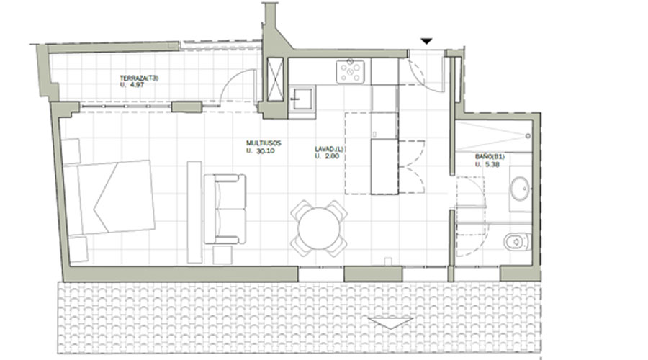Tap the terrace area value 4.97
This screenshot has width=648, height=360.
pyautogui.click(x=138, y=85)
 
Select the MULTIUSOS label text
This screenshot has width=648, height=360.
pyautogui.click(x=264, y=143)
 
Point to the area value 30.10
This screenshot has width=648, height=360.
pyautogui.click(x=265, y=151)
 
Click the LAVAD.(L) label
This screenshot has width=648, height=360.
pyautogui.click(x=329, y=149)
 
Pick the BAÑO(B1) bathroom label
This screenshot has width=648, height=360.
pyautogui.click(x=490, y=157)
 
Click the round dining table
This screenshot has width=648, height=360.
pyautogui.click(x=319, y=228)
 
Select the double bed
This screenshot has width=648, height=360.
pyautogui.click(x=109, y=197)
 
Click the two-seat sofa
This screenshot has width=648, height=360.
pyautogui.click(x=225, y=209)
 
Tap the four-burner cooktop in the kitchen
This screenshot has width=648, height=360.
pyautogui.click(x=351, y=72)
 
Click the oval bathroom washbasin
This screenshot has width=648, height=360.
pyautogui.click(x=521, y=189)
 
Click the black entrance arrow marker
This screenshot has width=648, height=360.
pyautogui.click(x=426, y=41)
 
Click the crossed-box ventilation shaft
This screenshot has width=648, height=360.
pyautogui.click(x=275, y=79)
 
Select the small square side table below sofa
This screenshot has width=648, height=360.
pyautogui.click(x=222, y=255)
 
